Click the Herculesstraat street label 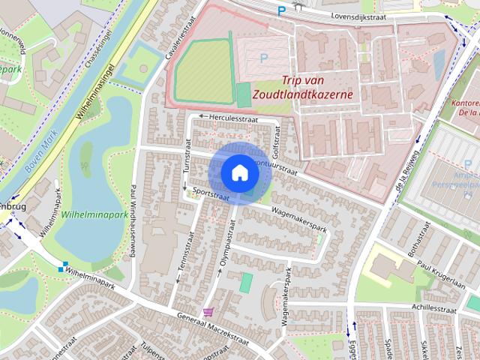tap(232, 118)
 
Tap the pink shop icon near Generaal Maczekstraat tap(208, 311)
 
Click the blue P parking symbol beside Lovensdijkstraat tap(282, 10)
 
